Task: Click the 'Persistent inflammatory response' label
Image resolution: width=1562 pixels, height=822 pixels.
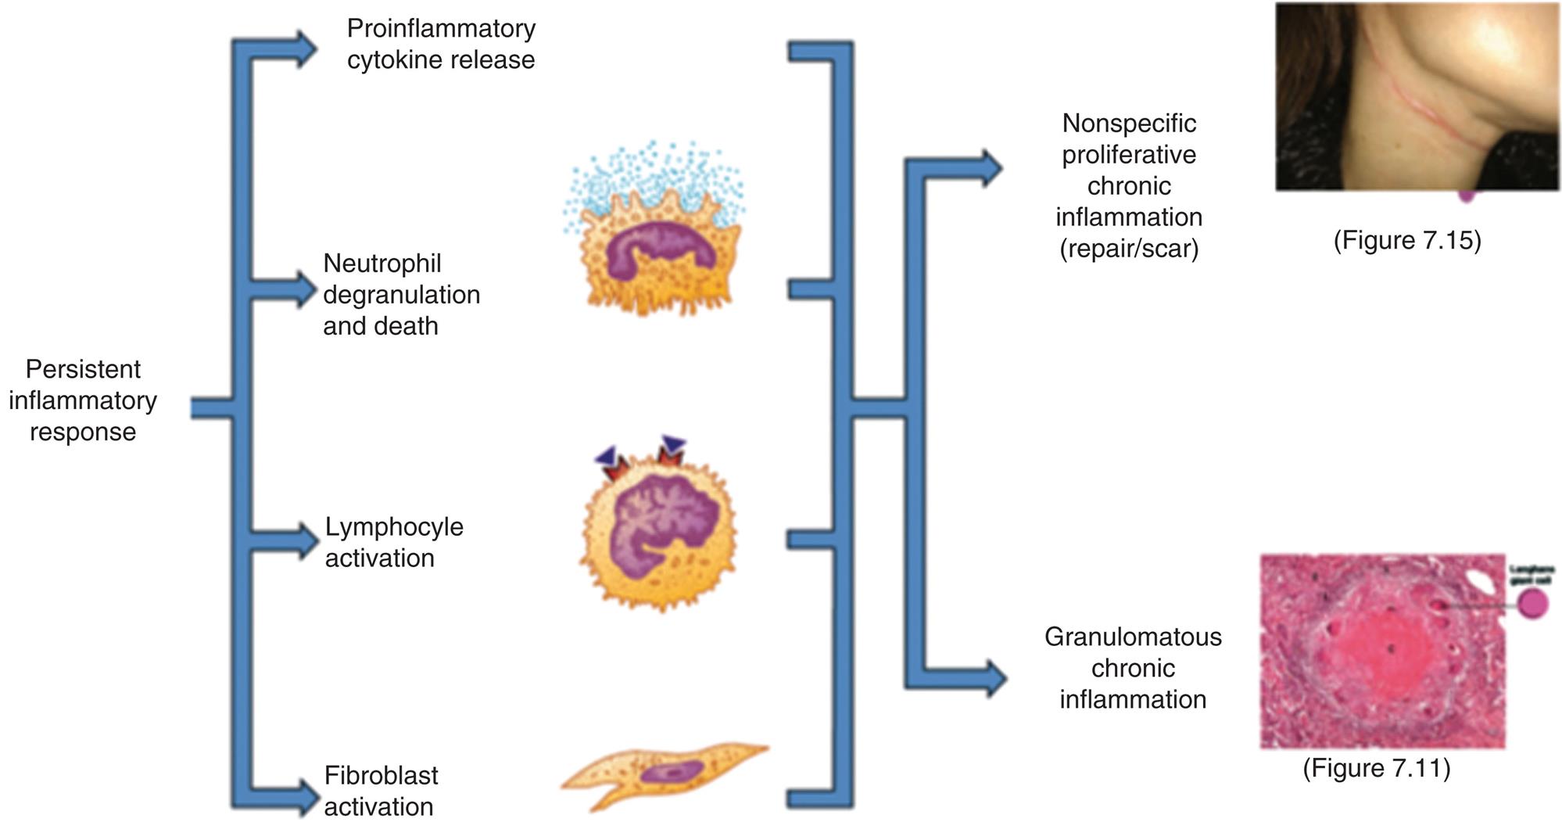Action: click(83, 400)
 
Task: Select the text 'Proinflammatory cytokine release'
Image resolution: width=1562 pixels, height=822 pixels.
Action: click(441, 44)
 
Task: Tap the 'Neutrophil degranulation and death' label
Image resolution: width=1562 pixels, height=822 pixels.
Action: click(400, 294)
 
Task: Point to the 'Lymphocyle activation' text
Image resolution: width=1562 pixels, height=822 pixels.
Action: click(393, 542)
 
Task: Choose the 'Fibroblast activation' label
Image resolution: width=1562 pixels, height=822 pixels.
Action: click(380, 791)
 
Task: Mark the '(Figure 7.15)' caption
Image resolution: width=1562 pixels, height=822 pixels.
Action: click(1406, 239)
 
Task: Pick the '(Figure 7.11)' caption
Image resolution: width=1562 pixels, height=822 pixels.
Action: click(1376, 767)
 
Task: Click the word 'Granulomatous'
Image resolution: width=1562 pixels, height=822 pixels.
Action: click(1132, 637)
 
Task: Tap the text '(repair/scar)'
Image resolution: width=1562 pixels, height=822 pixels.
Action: click(1128, 249)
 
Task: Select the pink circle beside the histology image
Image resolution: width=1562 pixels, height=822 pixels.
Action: click(1533, 604)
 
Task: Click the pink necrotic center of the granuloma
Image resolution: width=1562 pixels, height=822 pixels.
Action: click(1385, 653)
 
